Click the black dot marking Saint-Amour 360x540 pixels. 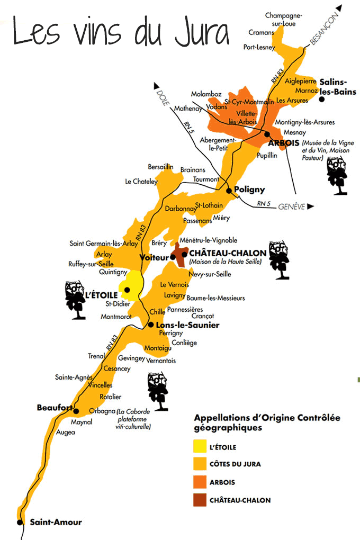pyautogui.click(x=20, y=522)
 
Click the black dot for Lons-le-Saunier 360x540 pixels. pyautogui.click(x=151, y=325)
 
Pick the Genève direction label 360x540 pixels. pyautogui.click(x=292, y=206)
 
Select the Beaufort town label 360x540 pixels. pyautogui.click(x=54, y=408)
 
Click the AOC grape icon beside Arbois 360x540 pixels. pyautogui.click(x=337, y=174)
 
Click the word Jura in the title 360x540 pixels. pyautogui.click(x=198, y=33)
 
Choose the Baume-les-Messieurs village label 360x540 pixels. pyautogui.click(x=217, y=298)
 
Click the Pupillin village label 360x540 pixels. pyautogui.click(x=267, y=156)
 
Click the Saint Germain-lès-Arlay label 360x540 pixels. pyautogui.click(x=104, y=244)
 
